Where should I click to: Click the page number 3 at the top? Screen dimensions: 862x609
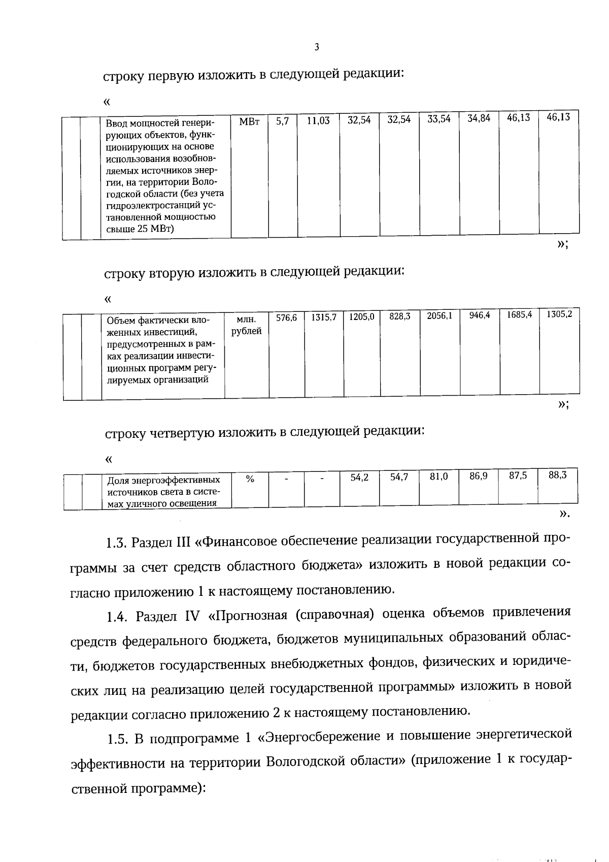click(317, 48)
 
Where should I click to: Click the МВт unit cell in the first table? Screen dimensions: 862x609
click(249, 122)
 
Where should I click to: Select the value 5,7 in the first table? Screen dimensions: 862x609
click(282, 121)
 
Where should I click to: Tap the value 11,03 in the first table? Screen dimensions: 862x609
click(318, 121)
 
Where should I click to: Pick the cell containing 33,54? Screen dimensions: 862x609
click(438, 120)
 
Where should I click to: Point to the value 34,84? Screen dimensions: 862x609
click(479, 119)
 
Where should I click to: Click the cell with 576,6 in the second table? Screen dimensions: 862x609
click(286, 317)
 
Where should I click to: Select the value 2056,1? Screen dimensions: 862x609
click(439, 316)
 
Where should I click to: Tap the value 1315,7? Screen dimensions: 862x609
click(324, 317)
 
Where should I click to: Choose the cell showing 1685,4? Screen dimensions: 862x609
click(519, 315)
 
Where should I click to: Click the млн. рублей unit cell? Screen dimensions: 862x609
click(247, 325)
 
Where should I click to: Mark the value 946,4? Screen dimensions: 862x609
click(480, 315)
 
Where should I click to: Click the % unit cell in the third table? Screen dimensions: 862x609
click(250, 478)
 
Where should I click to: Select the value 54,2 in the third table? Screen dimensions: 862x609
click(359, 478)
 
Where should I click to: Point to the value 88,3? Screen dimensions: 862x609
click(557, 475)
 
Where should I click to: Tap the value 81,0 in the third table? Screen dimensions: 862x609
click(438, 477)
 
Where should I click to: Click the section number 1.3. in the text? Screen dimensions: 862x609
click(116, 542)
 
